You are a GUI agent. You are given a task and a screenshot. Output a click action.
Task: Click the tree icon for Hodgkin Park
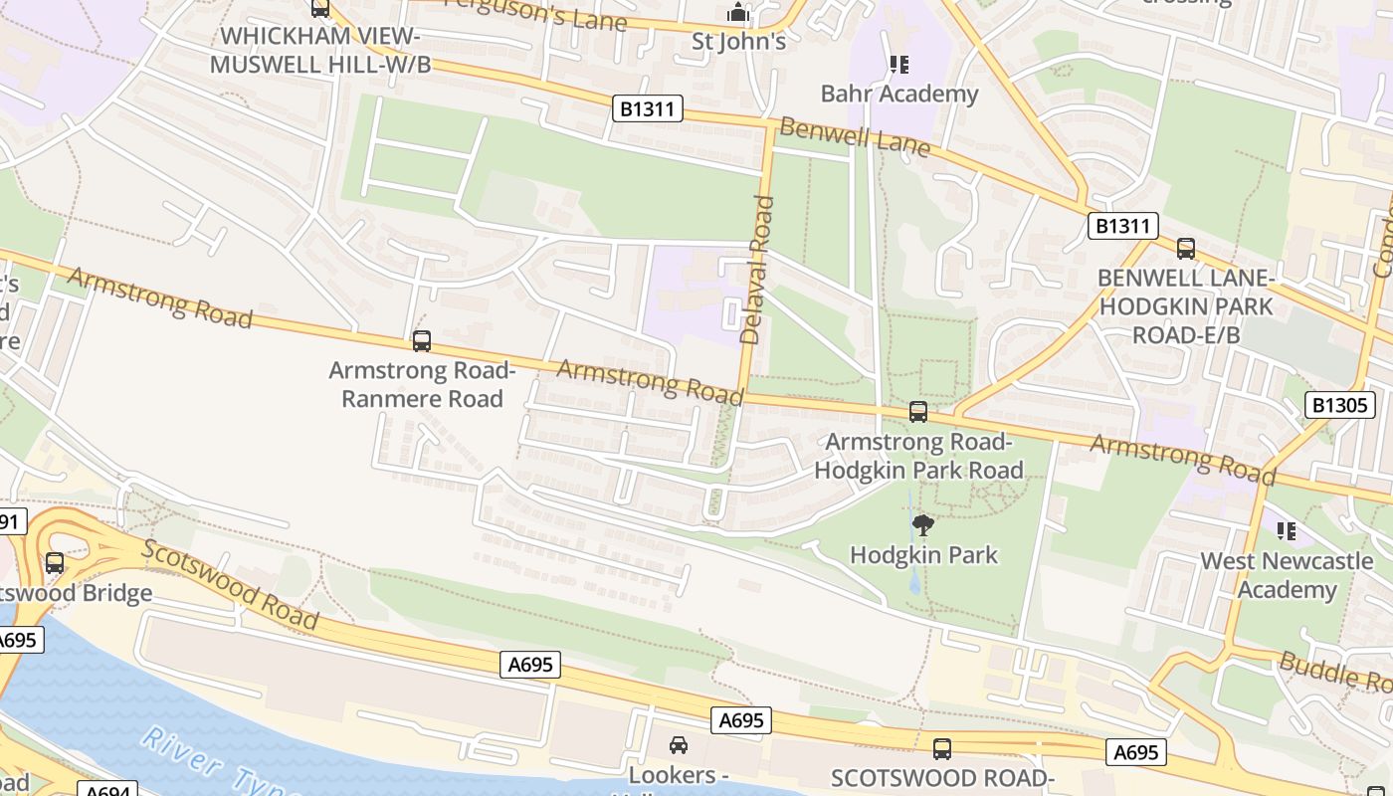(922, 524)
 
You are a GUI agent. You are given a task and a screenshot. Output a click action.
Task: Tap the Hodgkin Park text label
(922, 554)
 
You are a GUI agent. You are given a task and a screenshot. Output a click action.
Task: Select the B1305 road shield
(1339, 405)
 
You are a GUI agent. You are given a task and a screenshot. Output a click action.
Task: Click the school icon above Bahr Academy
(899, 66)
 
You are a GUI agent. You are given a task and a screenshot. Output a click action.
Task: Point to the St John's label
(738, 41)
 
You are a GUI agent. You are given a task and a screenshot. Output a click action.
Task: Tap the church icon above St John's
(738, 13)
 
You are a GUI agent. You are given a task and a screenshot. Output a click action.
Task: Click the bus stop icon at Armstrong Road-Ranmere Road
(422, 341)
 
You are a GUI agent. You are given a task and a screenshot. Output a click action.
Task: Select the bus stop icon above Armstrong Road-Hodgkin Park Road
(918, 411)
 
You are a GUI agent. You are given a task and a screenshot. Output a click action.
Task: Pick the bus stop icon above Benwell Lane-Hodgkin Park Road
(1185, 248)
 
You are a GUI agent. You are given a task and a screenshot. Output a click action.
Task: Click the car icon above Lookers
(678, 744)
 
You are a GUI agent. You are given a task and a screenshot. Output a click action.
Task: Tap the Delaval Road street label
(758, 270)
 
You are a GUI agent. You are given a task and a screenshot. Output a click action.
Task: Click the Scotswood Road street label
(230, 585)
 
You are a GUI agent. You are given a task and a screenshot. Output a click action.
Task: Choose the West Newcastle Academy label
(1286, 575)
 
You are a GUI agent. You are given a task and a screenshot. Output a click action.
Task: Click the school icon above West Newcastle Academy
(1287, 532)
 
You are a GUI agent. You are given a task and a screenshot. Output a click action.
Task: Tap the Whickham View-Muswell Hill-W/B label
(319, 50)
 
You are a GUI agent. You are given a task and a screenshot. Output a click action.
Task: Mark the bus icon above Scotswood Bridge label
(55, 563)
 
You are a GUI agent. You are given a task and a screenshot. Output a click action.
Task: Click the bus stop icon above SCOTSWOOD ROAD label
(941, 748)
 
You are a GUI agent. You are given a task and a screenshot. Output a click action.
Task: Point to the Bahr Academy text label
(899, 94)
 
